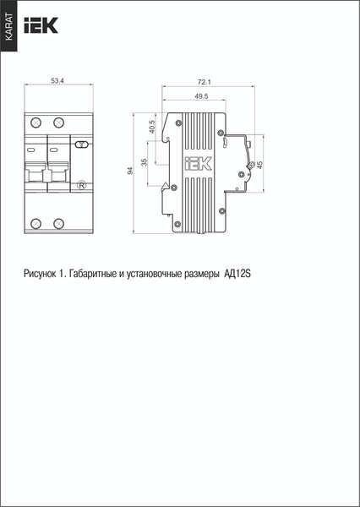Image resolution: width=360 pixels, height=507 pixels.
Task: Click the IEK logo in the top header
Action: pos(41,26)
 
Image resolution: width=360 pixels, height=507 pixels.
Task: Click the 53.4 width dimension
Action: pos(57,81)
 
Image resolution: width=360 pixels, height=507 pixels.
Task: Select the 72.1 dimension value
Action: pos(204,82)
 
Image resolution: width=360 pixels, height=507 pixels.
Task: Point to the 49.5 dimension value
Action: pos(201,97)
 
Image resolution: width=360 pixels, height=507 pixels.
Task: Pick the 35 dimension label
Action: pos(145,162)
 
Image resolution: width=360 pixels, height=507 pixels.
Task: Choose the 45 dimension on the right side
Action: pos(260,163)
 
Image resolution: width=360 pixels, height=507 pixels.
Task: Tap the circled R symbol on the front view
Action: pos(81,185)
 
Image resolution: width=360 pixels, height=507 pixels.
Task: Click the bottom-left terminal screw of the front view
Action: pos(36,223)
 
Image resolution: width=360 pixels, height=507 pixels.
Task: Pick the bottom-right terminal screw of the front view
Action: pos(60,223)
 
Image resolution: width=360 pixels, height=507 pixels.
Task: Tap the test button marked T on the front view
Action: pos(81,145)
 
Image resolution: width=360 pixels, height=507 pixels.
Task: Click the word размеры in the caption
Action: pos(199,274)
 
